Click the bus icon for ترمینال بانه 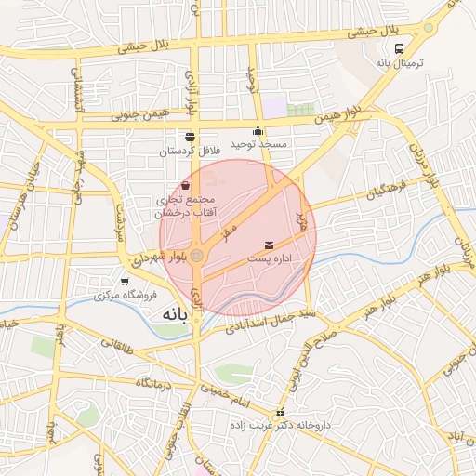399,49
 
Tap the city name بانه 174,313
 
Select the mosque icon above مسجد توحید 258,131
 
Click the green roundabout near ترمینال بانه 428,28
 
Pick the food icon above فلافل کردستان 189,136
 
